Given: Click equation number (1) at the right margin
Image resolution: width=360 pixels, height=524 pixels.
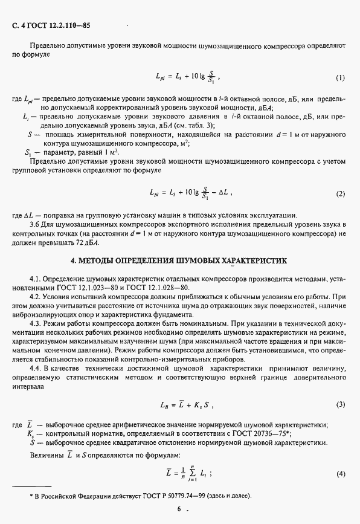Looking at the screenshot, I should pos(341,78).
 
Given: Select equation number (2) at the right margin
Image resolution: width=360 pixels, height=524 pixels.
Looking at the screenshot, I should pos(341,194).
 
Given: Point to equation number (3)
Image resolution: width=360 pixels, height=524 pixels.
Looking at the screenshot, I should pos(341,404).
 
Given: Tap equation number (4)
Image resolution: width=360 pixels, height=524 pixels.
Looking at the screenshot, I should pos(341,473).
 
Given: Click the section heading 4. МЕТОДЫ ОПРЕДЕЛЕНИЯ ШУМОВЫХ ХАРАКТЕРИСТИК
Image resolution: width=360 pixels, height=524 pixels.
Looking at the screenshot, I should pos(179,260).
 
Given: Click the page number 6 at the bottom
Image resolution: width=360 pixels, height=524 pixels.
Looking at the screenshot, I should pos(179,509).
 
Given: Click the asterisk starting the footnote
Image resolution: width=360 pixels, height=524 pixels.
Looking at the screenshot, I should pos(32,496).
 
